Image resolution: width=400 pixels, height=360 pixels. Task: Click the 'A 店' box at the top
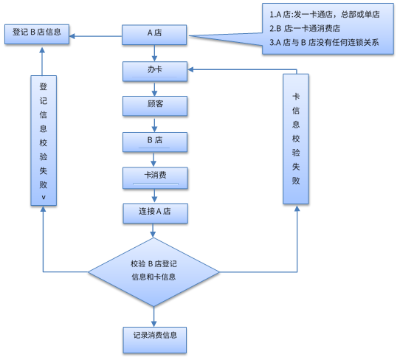click(154, 34)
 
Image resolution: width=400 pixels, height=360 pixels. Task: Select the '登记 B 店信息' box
click(38, 34)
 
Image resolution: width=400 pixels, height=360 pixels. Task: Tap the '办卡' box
click(154, 69)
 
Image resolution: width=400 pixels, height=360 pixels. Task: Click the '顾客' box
click(154, 105)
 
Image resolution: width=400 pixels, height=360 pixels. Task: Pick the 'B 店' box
click(154, 140)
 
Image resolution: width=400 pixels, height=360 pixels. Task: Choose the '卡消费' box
click(154, 176)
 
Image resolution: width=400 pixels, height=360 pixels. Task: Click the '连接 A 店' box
click(154, 212)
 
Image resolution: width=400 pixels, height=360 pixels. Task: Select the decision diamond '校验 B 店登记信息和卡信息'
click(154, 271)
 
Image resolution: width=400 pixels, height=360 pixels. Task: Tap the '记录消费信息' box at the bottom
click(154, 339)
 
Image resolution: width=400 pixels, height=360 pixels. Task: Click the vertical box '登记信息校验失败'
click(44, 139)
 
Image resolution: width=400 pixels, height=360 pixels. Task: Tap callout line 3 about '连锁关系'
click(325, 42)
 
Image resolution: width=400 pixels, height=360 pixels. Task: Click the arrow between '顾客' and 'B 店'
click(154, 122)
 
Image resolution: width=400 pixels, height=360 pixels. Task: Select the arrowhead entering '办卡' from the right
click(191, 69)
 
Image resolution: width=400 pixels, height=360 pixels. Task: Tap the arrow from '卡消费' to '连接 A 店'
click(154, 195)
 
